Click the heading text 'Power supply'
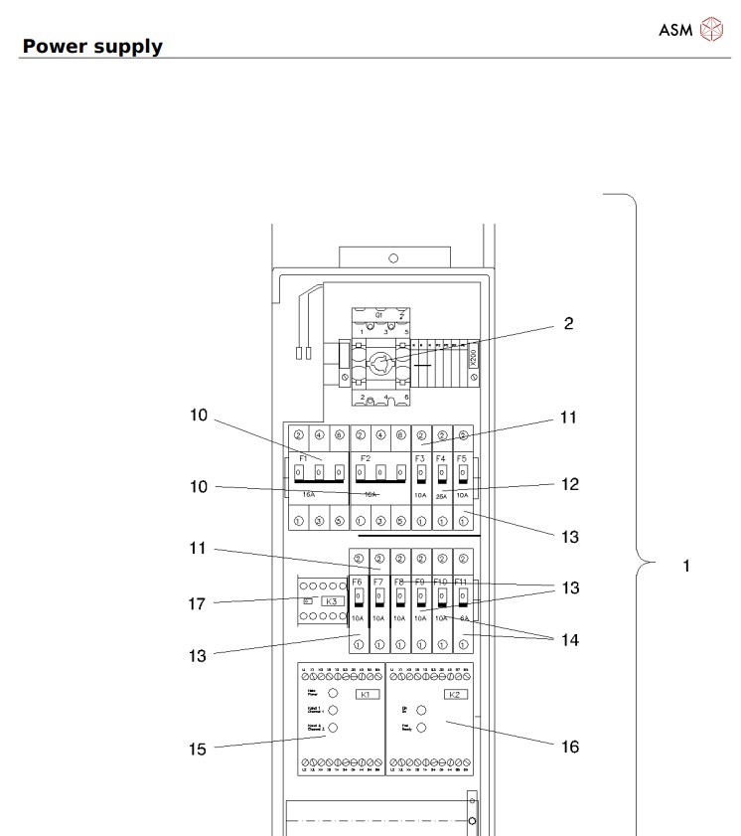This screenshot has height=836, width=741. tap(92, 46)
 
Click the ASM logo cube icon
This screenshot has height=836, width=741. tap(713, 28)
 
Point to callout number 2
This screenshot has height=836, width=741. tap(568, 324)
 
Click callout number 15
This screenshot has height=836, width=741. tap(199, 747)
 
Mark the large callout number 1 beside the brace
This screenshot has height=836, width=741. tap(685, 566)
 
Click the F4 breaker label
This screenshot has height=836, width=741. tap(441, 458)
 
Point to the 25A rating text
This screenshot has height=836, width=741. tap(441, 494)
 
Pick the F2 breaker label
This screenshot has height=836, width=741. tap(367, 459)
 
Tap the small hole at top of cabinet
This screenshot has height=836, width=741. tap(393, 257)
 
